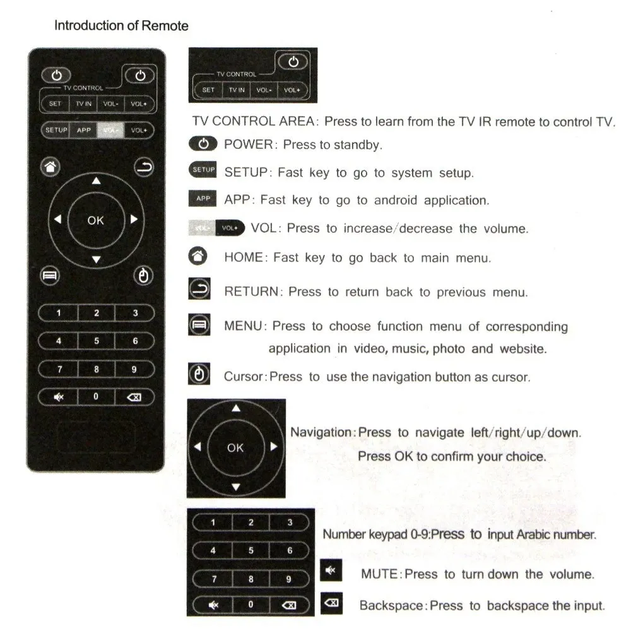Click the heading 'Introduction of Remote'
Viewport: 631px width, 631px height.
[x=121, y=26]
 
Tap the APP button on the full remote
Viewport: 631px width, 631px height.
[x=84, y=131]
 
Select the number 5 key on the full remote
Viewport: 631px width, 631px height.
[x=97, y=341]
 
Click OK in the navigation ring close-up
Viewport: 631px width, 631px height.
[x=235, y=447]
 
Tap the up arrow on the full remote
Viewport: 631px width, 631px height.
[x=96, y=182]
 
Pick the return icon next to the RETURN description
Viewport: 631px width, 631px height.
[x=198, y=290]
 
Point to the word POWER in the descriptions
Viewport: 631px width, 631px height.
[x=248, y=144]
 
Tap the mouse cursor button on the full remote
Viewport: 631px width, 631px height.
[x=143, y=276]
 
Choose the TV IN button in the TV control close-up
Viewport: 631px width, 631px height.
[x=237, y=90]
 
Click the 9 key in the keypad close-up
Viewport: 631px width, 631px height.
[x=289, y=579]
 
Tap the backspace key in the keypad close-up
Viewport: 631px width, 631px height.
[x=289, y=604]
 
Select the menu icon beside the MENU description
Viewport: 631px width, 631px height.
[x=198, y=326]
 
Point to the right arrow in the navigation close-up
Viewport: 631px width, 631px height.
[x=273, y=447]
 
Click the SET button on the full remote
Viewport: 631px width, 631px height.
[x=56, y=103]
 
